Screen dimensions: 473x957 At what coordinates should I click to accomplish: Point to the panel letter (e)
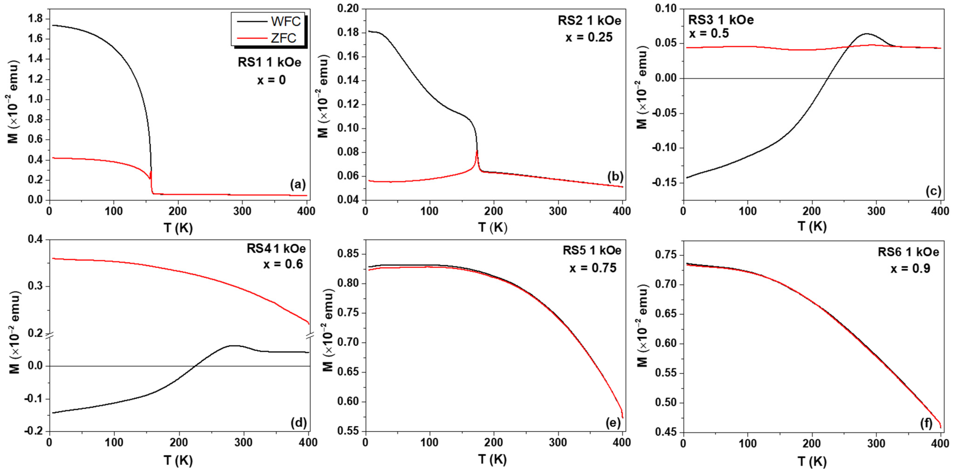click(x=613, y=423)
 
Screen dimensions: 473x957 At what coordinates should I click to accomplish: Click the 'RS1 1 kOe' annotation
click(x=269, y=63)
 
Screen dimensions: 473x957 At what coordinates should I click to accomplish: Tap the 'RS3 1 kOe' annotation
click(x=721, y=20)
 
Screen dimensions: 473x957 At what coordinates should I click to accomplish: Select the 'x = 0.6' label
click(x=283, y=264)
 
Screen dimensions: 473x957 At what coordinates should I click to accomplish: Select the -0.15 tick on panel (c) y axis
click(x=665, y=183)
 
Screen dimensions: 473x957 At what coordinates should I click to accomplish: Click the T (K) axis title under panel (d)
click(x=178, y=461)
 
